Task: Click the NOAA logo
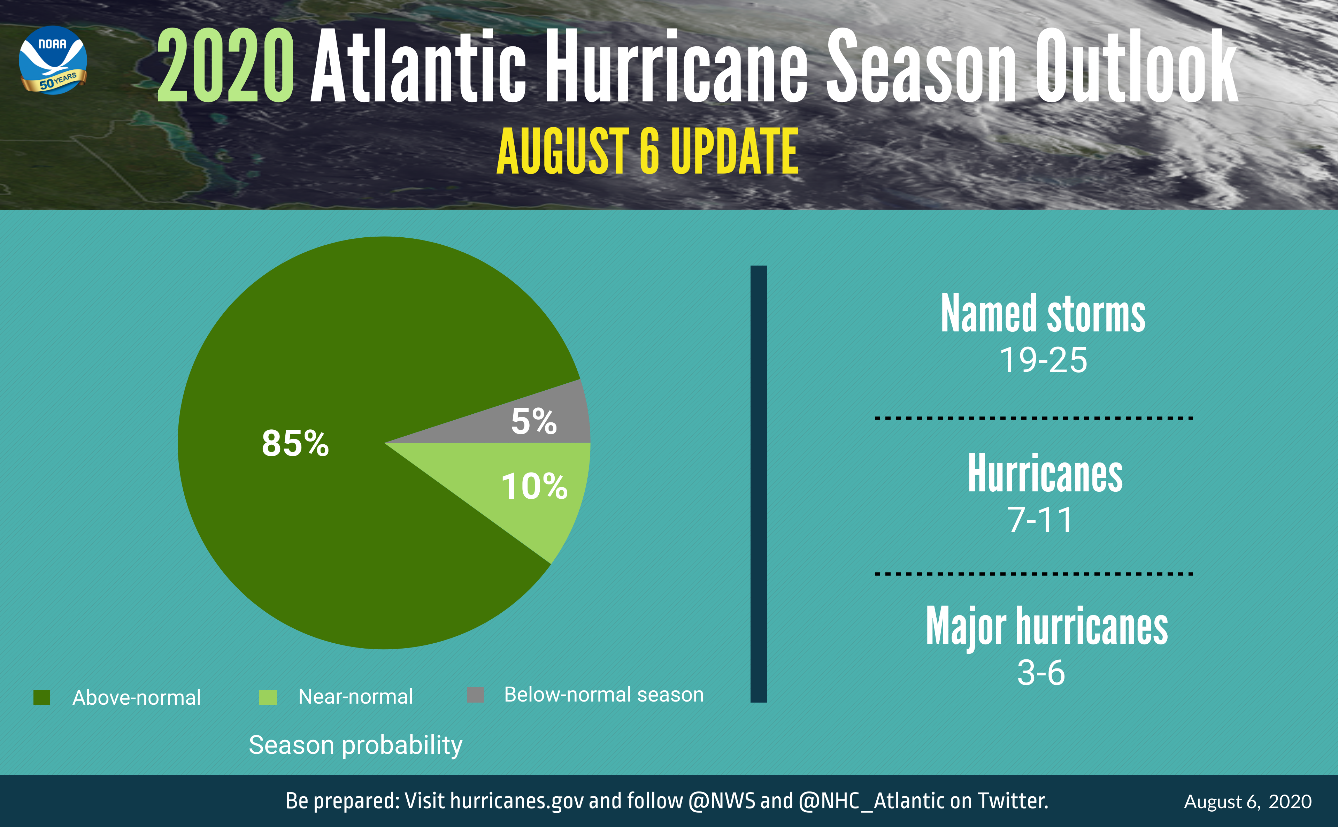pos(53,60)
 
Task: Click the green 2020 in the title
pos(225,67)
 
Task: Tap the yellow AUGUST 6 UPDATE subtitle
pos(647,151)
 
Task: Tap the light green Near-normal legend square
pos(268,697)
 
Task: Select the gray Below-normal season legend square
pos(476,695)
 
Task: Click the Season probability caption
pos(355,745)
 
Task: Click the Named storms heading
pos(1043,314)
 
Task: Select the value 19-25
pos(1043,360)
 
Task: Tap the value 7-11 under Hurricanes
pos(1040,520)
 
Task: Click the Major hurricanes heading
pos(1047,627)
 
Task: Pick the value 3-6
pos(1041,673)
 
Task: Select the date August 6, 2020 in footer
pos(1247,802)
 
